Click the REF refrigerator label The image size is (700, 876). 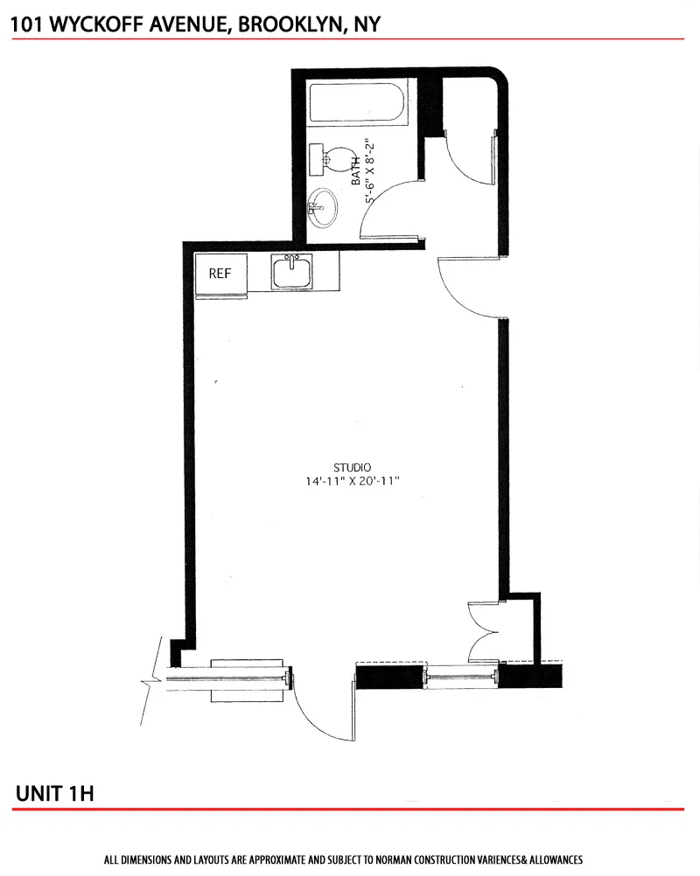tap(220, 274)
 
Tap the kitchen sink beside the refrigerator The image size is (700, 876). tap(292, 273)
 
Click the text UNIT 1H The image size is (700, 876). tap(54, 793)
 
